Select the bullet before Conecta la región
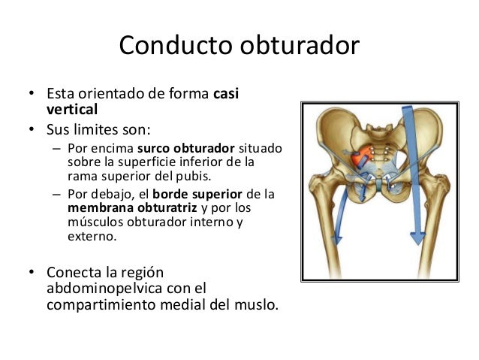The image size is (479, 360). (31, 273)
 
